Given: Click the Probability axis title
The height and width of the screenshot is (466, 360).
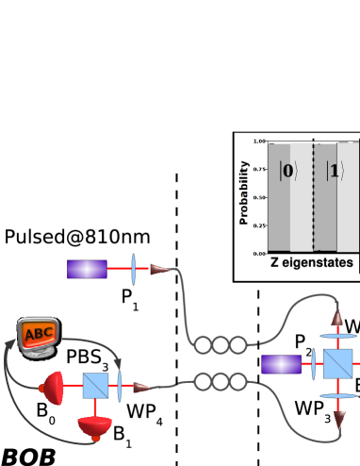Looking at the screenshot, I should (243, 193).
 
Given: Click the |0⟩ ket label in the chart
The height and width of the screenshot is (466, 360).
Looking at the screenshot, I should (286, 172).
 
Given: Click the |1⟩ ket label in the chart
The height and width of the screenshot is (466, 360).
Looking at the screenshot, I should (334, 172).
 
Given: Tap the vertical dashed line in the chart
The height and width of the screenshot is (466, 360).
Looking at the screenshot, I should (313, 198).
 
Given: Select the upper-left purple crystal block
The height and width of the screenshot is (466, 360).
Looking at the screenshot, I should (87, 270).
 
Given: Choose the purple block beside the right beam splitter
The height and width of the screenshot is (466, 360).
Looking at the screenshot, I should (281, 364).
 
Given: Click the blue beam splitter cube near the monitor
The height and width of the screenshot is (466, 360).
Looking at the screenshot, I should (95, 386).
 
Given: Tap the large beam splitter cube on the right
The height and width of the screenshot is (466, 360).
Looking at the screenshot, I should (336, 364).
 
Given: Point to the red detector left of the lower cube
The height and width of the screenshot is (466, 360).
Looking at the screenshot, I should (54, 386).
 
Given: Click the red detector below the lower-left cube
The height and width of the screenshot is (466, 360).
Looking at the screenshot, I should (95, 428).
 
